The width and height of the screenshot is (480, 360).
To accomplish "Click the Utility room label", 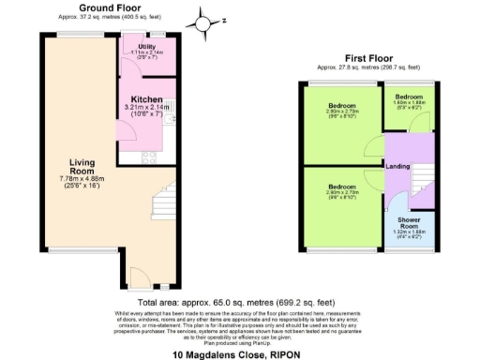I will pyautogui.click(x=145, y=45).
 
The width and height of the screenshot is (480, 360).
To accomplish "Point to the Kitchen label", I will pyautogui.click(x=146, y=99).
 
